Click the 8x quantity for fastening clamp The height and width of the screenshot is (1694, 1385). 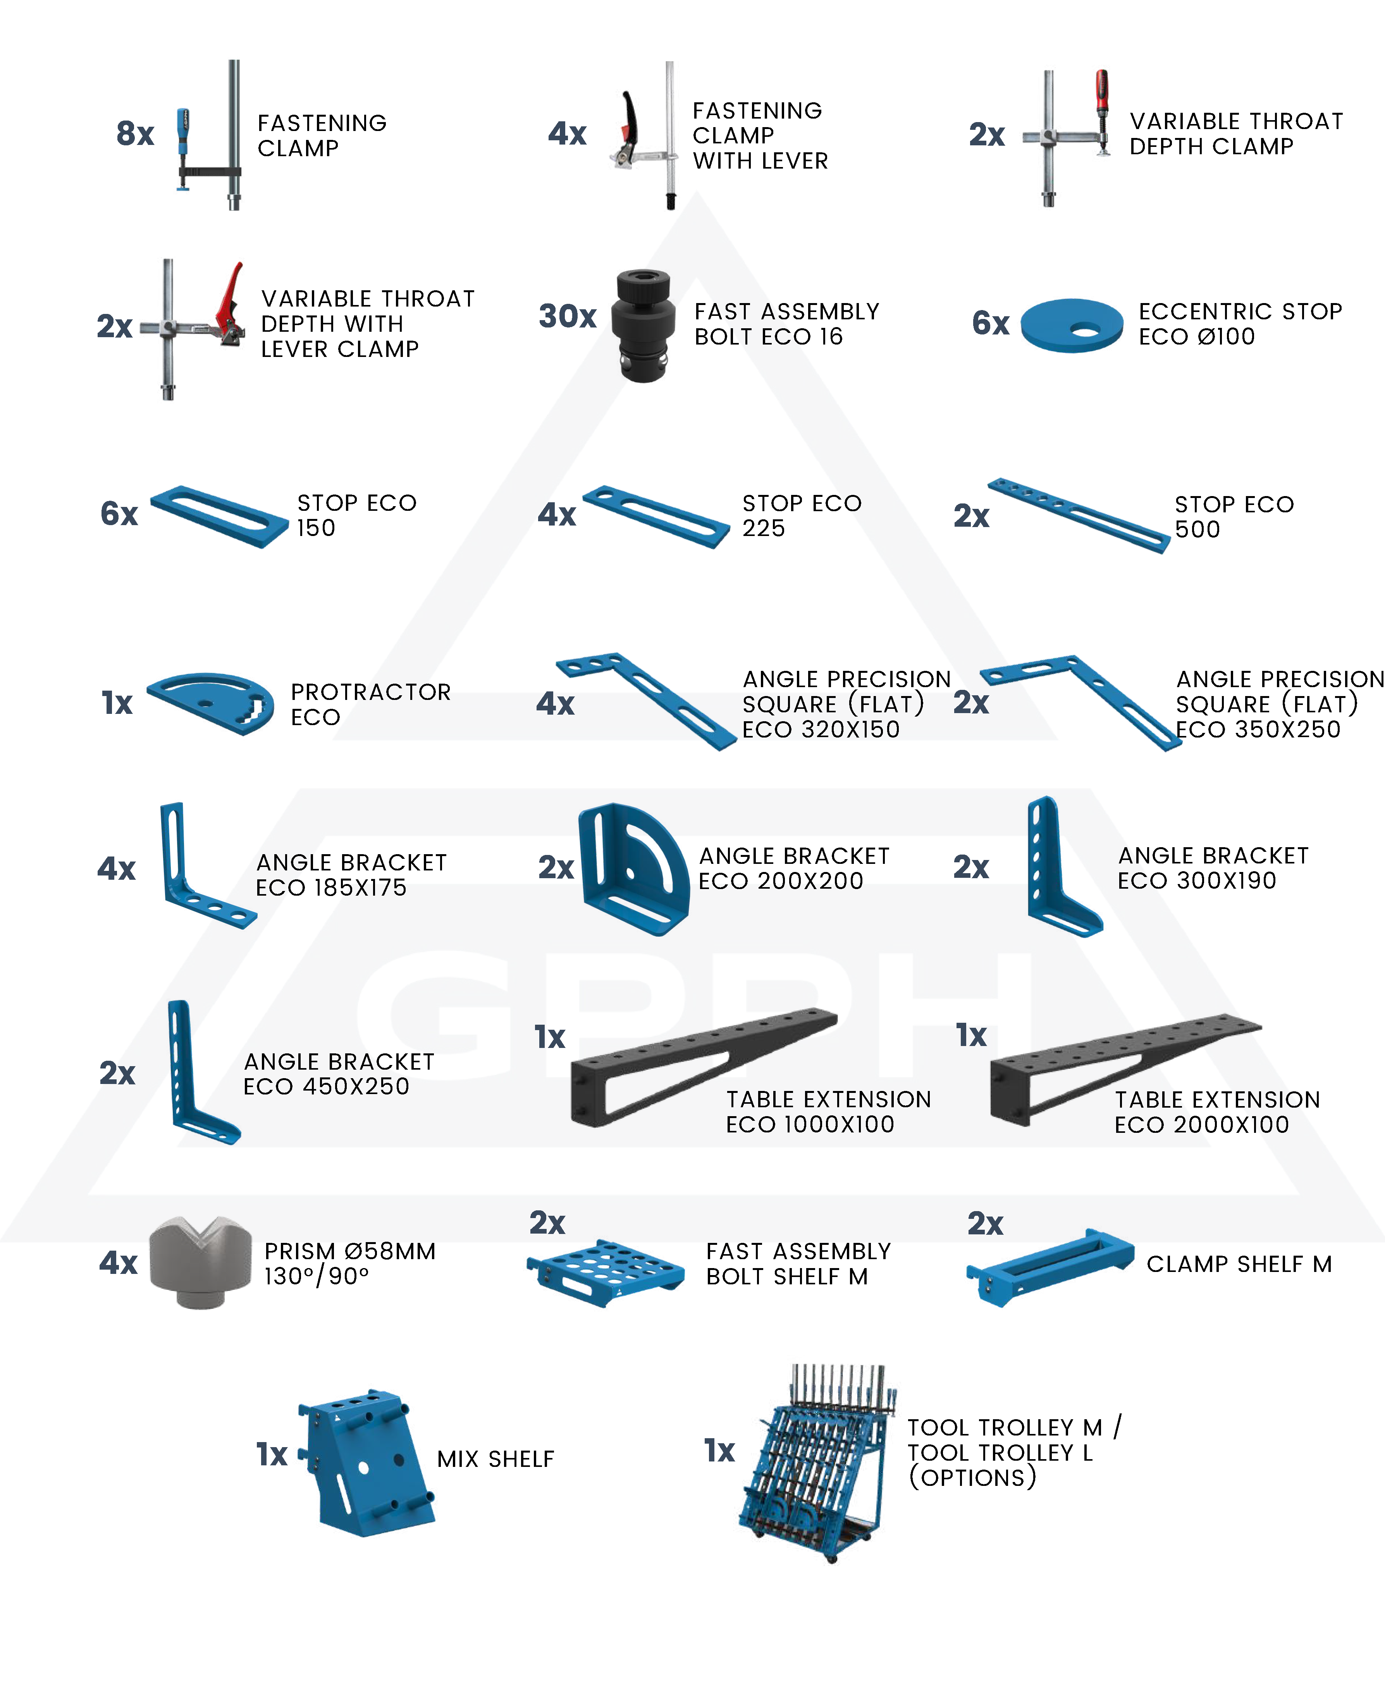pyautogui.click(x=135, y=134)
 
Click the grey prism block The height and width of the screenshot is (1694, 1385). pyautogui.click(x=200, y=1262)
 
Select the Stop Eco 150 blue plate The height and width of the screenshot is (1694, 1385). pyautogui.click(x=219, y=516)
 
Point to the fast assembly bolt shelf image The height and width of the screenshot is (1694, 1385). pyautogui.click(x=606, y=1272)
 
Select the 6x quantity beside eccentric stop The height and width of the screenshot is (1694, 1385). pyautogui.click(x=990, y=323)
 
